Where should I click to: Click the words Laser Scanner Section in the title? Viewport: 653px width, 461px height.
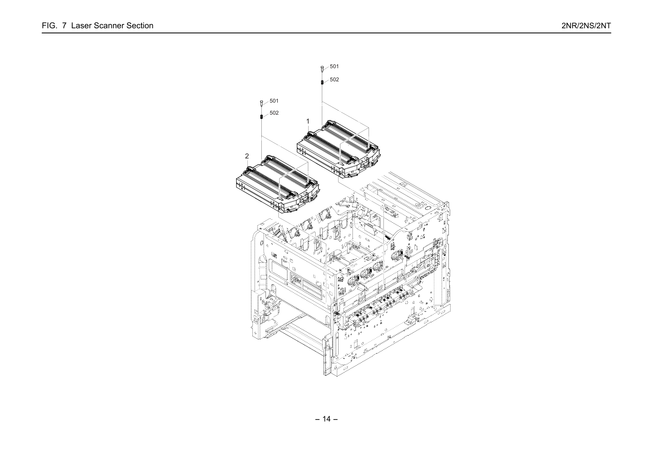click(x=112, y=26)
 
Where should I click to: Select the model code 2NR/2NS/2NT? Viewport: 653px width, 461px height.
click(x=586, y=26)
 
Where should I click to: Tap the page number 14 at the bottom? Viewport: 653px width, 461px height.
click(x=326, y=419)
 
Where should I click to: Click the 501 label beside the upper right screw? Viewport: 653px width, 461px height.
click(x=334, y=66)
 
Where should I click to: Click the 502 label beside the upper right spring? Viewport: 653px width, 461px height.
click(x=334, y=80)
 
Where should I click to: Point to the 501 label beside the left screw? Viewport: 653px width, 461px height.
click(x=274, y=101)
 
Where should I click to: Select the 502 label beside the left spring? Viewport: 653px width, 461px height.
click(x=274, y=113)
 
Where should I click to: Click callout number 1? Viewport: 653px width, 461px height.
click(x=307, y=121)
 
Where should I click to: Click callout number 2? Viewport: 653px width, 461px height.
click(x=247, y=157)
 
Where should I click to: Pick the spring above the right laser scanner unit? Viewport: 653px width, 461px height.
click(x=322, y=83)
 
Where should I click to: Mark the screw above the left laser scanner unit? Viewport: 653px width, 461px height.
click(x=261, y=103)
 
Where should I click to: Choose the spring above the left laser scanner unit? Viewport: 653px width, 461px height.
click(x=261, y=117)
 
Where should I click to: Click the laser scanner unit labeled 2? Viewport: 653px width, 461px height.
click(x=278, y=184)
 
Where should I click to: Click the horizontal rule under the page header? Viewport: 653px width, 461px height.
click(x=326, y=33)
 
